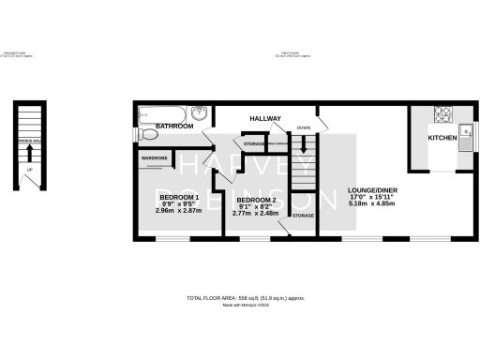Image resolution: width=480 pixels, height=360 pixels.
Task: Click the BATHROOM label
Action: [174, 126]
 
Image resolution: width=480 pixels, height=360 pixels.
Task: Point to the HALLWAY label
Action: [266, 118]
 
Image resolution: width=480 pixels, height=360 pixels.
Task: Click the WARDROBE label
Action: [154, 158]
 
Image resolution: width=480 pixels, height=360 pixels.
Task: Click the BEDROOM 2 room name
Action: [255, 200]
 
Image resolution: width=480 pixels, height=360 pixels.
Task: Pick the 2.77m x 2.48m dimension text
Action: [254, 214]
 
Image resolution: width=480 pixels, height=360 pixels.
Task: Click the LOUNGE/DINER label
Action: [369, 187]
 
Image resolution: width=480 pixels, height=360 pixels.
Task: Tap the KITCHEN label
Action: [442, 138]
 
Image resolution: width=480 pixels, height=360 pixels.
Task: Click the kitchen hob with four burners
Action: [442, 114]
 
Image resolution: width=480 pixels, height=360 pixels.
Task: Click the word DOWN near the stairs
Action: [303, 127]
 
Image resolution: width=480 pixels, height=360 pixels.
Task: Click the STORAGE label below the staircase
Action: [303, 216]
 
